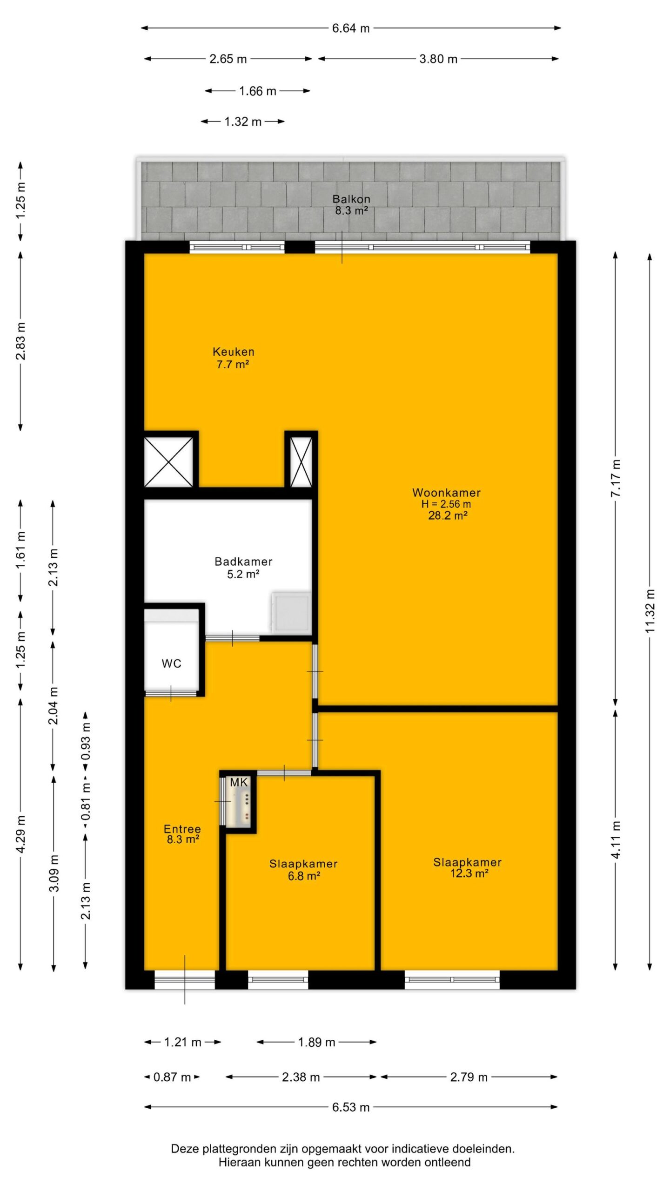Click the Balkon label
click(x=351, y=199)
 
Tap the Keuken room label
click(x=234, y=352)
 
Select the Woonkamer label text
click(x=446, y=493)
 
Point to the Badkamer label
click(x=243, y=562)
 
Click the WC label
click(x=172, y=664)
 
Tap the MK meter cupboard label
click(x=239, y=783)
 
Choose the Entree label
click(x=182, y=829)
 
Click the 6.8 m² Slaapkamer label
click(x=303, y=864)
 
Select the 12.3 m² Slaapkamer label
click(x=468, y=862)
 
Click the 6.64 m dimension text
click(x=351, y=28)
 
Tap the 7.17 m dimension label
click(x=616, y=478)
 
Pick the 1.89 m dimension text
click(x=316, y=1042)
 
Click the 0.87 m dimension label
click(x=172, y=1077)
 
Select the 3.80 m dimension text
click(x=438, y=59)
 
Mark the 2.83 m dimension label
click(x=21, y=341)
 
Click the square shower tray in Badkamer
click(x=291, y=613)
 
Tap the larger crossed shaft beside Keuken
click(x=168, y=462)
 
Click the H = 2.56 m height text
click(x=446, y=504)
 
